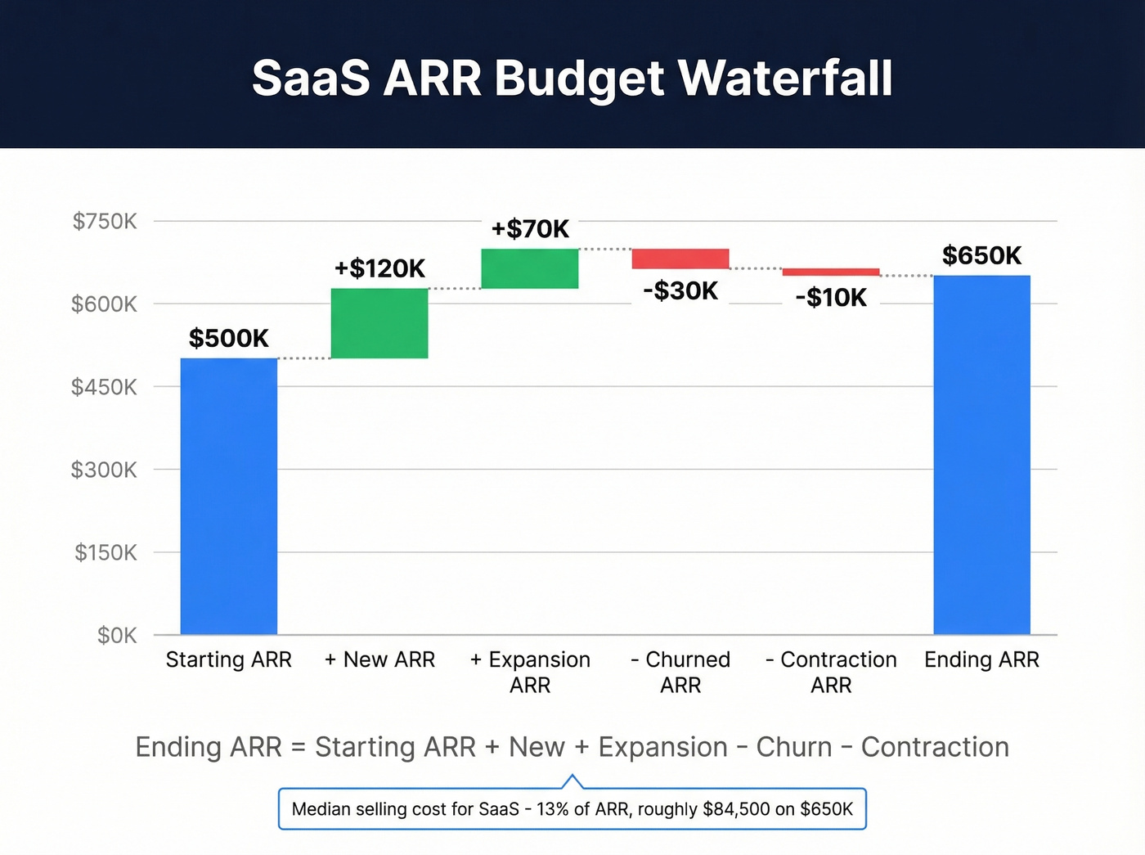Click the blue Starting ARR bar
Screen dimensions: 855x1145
[x=229, y=496]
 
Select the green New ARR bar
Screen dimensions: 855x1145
[x=379, y=323]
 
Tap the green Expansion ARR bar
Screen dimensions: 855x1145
[x=530, y=268]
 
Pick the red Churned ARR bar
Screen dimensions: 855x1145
[x=680, y=259]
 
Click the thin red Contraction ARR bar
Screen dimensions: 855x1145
[x=831, y=272]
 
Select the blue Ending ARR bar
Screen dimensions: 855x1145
[x=981, y=455]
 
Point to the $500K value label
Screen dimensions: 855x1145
[x=229, y=338]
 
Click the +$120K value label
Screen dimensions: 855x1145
[x=379, y=268]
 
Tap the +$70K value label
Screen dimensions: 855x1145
[x=530, y=228]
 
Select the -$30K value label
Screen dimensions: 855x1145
[x=680, y=290]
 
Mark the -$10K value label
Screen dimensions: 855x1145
[x=831, y=297]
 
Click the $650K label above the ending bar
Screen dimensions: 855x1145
[x=981, y=255]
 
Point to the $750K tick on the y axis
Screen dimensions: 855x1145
[x=105, y=221]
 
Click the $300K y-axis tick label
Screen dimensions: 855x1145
[x=104, y=470]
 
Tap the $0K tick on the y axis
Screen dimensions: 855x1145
[x=117, y=636]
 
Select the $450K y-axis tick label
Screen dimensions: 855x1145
[x=104, y=387]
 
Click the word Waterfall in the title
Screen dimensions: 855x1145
[x=785, y=79]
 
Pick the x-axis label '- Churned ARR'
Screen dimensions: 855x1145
[x=680, y=672]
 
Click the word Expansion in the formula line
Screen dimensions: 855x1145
[x=662, y=747]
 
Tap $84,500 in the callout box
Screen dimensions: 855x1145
[x=736, y=809]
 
